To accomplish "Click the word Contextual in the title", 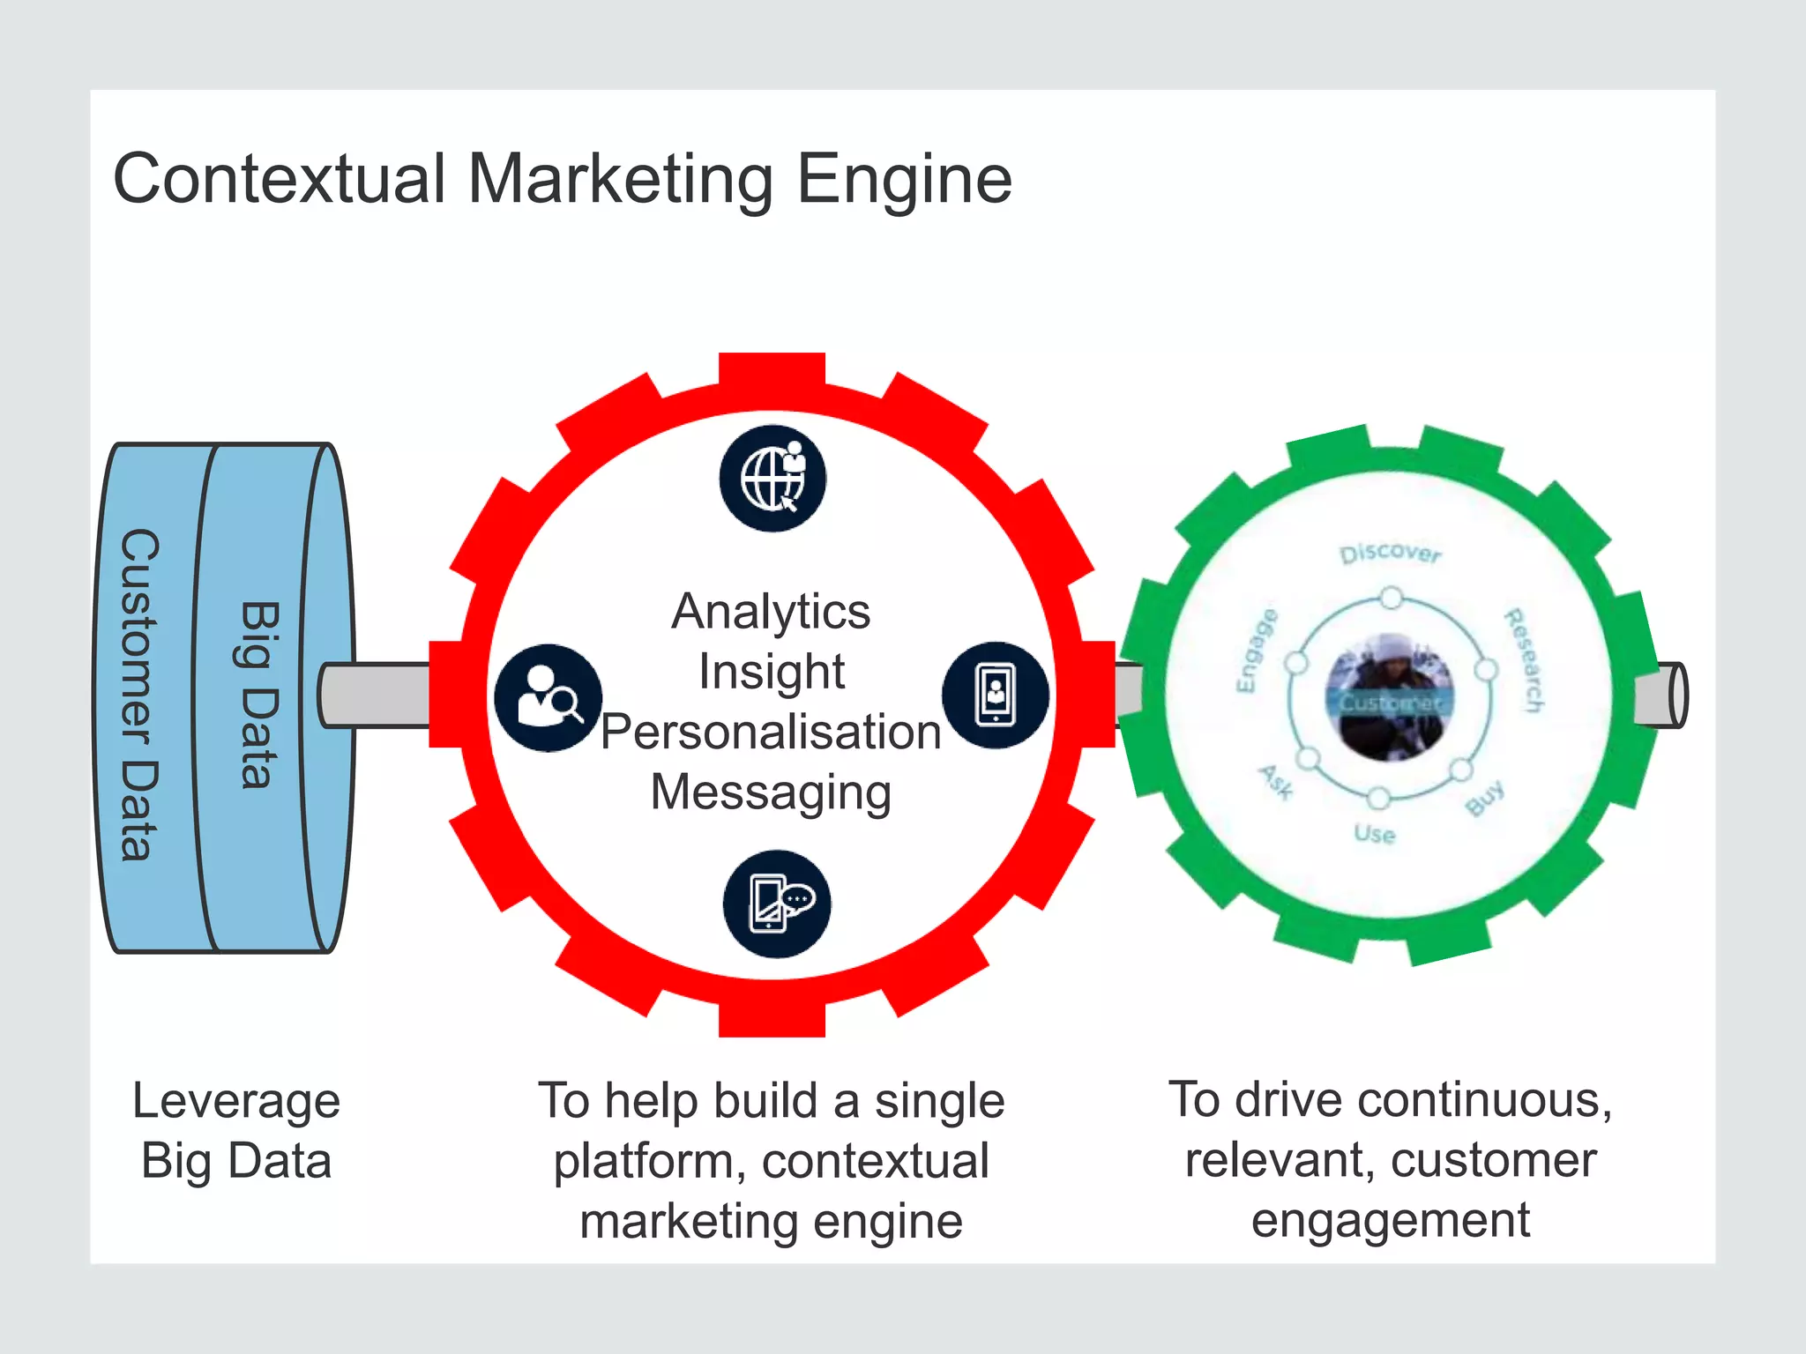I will (280, 180).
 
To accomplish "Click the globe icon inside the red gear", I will (772, 479).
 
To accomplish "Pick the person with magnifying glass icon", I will (548, 697).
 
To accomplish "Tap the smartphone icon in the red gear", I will (996, 696).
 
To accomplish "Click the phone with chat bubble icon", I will (776, 904).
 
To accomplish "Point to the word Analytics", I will (771, 611).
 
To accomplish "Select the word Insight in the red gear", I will (771, 672).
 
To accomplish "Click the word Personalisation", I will (771, 732).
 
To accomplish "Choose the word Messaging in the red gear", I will (771, 792).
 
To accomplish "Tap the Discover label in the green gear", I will (1391, 554).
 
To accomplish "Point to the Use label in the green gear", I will (1375, 834).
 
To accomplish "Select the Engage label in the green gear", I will (1256, 651).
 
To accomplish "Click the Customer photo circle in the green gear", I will (1390, 696).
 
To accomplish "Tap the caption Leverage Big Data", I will (236, 1130).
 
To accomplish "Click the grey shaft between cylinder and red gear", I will (376, 695).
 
